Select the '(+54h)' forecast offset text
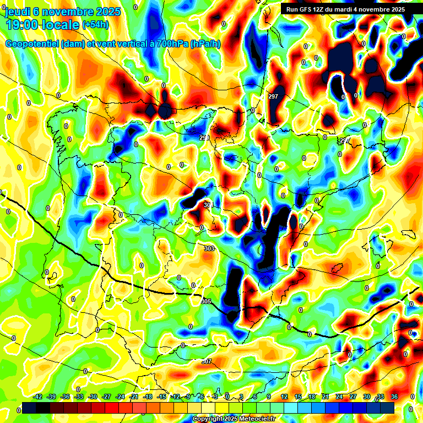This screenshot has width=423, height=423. (x=95, y=25)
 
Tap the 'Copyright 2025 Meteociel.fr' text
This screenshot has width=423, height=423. (x=234, y=419)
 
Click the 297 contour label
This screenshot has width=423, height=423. (x=273, y=96)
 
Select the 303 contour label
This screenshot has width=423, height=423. (x=209, y=248)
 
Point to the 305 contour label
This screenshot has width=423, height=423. (x=207, y=301)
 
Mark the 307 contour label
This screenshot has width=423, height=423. (x=206, y=361)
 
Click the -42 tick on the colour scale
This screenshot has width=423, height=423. (x=38, y=397)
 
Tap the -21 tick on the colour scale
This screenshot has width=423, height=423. (x=134, y=397)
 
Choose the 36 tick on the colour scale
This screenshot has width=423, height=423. (x=394, y=397)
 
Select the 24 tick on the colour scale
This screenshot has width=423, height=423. (x=339, y=397)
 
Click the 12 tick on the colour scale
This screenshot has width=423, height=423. (x=284, y=397)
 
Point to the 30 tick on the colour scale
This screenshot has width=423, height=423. (x=366, y=397)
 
